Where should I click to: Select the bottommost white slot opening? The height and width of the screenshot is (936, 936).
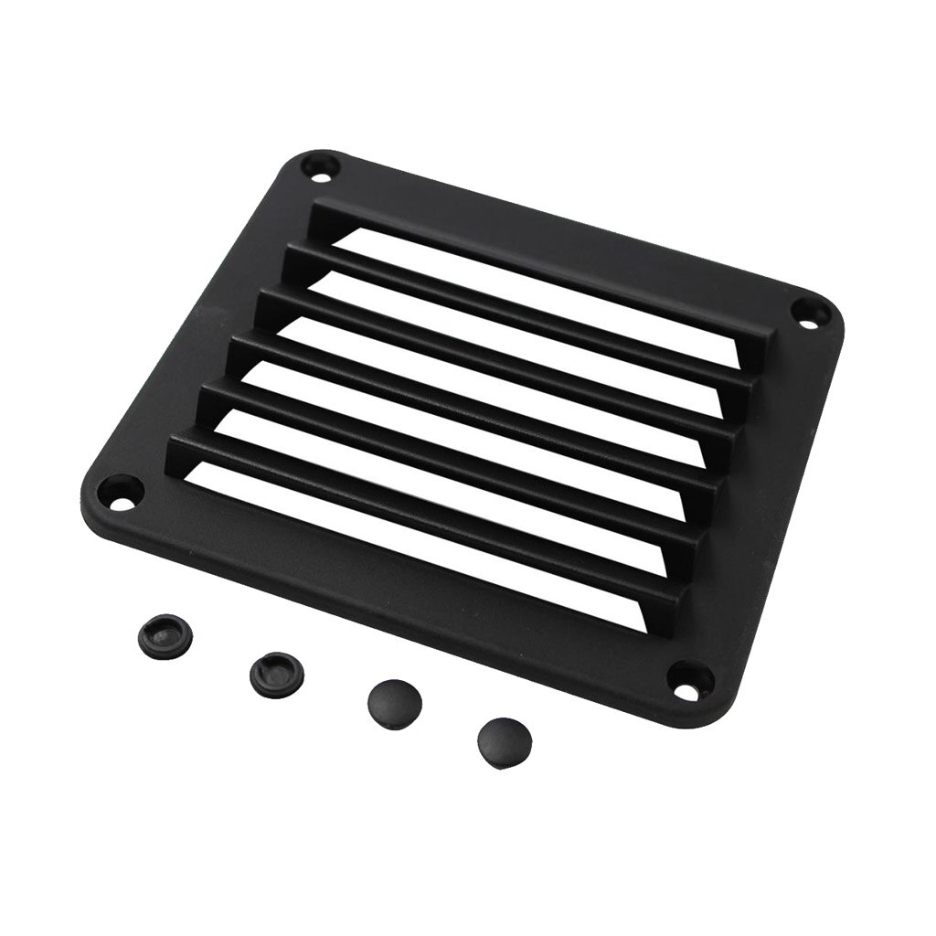click(439, 530)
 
